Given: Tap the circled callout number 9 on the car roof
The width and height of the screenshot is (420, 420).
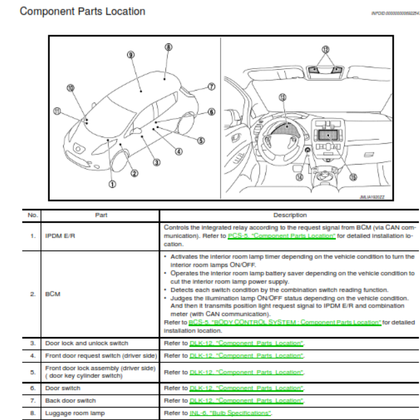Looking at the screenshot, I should click(x=131, y=55).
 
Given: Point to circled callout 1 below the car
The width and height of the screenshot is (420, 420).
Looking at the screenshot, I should click(x=112, y=184).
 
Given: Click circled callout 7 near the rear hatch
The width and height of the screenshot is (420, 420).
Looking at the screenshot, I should click(x=212, y=87).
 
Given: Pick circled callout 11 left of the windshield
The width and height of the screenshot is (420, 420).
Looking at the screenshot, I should click(x=58, y=111).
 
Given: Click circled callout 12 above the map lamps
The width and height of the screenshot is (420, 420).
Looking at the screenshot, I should click(x=325, y=49).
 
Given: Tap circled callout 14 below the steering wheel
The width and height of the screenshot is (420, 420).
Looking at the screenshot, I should click(x=300, y=177).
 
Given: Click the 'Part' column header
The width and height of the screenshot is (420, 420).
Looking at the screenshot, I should click(x=101, y=215).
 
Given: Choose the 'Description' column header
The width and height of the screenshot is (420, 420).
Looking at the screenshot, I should click(x=290, y=215).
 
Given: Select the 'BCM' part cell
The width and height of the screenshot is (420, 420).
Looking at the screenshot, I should click(x=53, y=293).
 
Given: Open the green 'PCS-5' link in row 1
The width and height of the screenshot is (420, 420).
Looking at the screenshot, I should click(x=282, y=236).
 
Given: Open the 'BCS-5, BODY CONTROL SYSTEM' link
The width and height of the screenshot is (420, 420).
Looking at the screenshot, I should click(x=285, y=322).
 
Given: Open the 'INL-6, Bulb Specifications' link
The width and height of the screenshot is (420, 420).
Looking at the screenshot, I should click(x=230, y=413).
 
